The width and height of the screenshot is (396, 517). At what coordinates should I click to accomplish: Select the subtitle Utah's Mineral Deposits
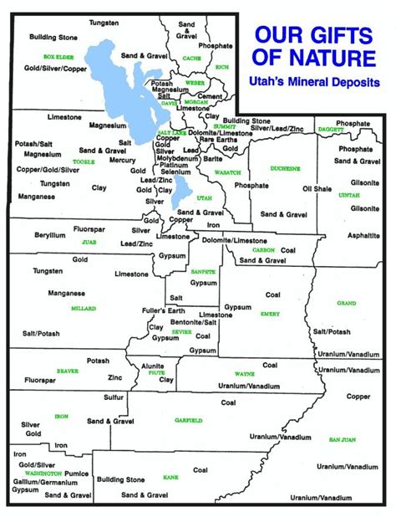tap(319, 83)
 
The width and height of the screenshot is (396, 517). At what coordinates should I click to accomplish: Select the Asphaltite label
tap(365, 236)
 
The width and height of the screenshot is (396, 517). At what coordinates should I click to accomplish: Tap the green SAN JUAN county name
tap(343, 439)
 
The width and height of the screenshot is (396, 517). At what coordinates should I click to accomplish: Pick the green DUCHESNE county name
tap(285, 169)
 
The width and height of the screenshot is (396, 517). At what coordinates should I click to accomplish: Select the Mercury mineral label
tap(122, 160)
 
